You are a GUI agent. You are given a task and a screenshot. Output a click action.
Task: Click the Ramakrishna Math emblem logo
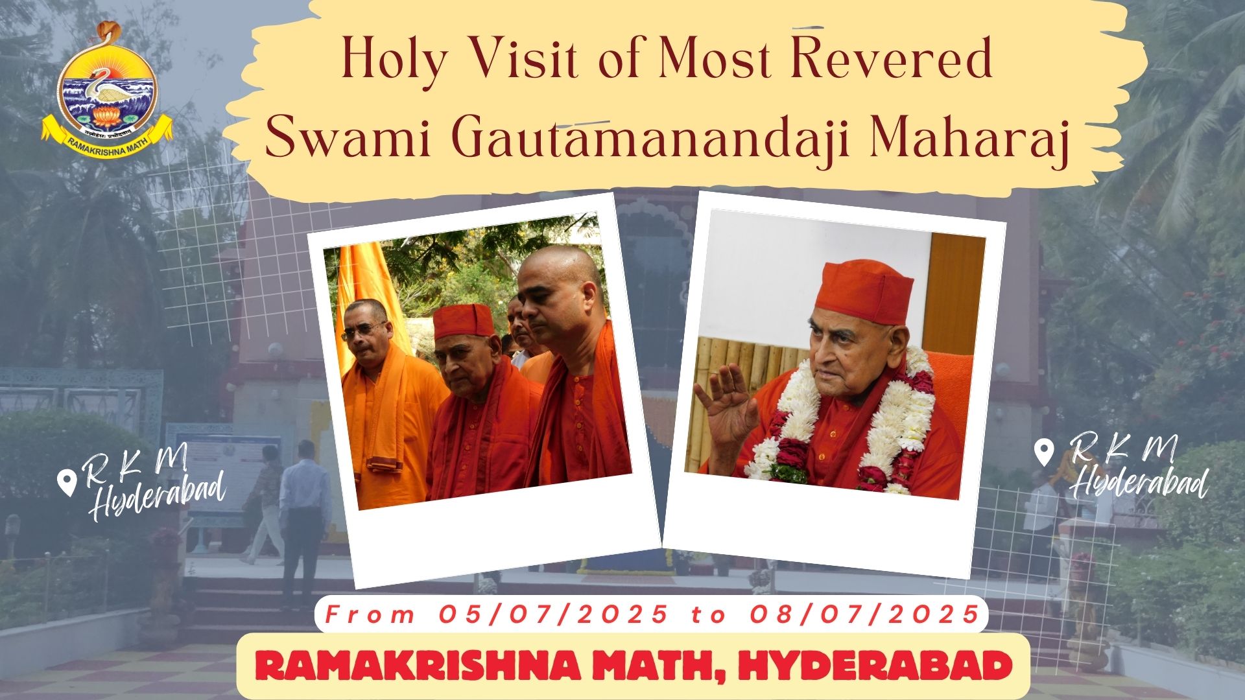point(108,84)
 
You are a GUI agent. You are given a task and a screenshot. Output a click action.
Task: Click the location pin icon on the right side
point(1043,452)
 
